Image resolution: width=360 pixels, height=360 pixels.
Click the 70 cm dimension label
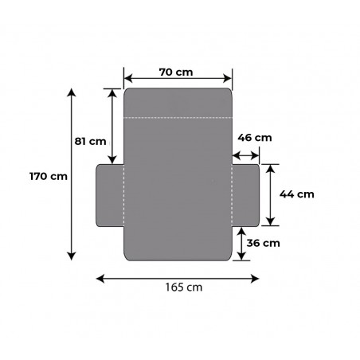[x=177, y=72]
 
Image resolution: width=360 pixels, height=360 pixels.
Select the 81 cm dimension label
[x=90, y=141]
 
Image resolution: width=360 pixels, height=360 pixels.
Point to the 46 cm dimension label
[x=255, y=137]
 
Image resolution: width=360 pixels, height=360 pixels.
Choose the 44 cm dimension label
[x=297, y=194]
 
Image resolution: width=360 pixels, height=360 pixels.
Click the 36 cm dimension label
[x=264, y=243]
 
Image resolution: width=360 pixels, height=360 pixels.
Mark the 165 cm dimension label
[x=178, y=290]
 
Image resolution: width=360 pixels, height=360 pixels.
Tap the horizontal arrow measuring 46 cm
[x=247, y=157]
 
